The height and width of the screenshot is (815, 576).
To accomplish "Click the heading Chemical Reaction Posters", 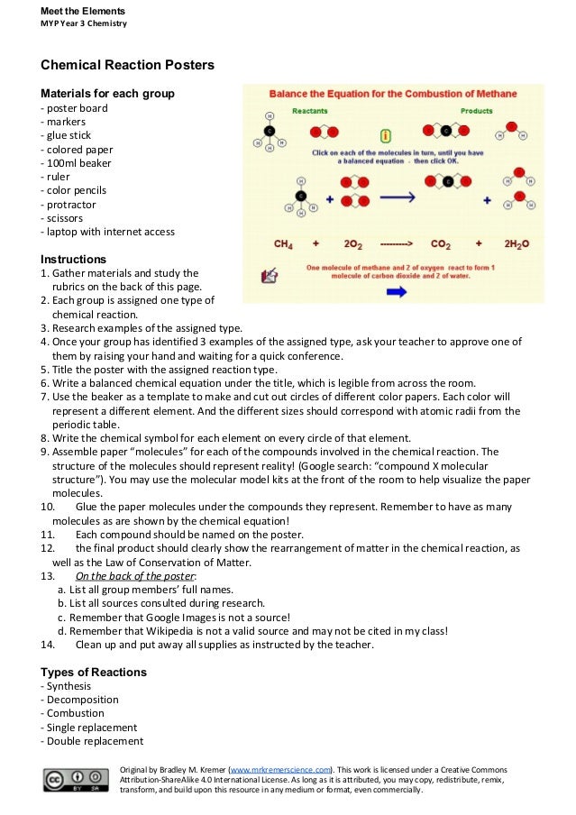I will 127,66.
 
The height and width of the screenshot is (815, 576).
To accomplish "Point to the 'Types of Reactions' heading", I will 94,673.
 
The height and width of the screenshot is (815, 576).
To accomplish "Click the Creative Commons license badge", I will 75,779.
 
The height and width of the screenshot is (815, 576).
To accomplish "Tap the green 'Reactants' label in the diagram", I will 309,111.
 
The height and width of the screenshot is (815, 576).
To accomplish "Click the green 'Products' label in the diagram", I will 476,111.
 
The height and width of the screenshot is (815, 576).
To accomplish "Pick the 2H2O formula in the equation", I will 517,243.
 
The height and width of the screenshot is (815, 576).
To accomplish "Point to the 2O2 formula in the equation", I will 352,243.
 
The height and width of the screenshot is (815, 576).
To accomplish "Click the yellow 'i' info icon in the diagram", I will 386,136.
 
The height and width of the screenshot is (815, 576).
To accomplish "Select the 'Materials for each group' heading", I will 107,94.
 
